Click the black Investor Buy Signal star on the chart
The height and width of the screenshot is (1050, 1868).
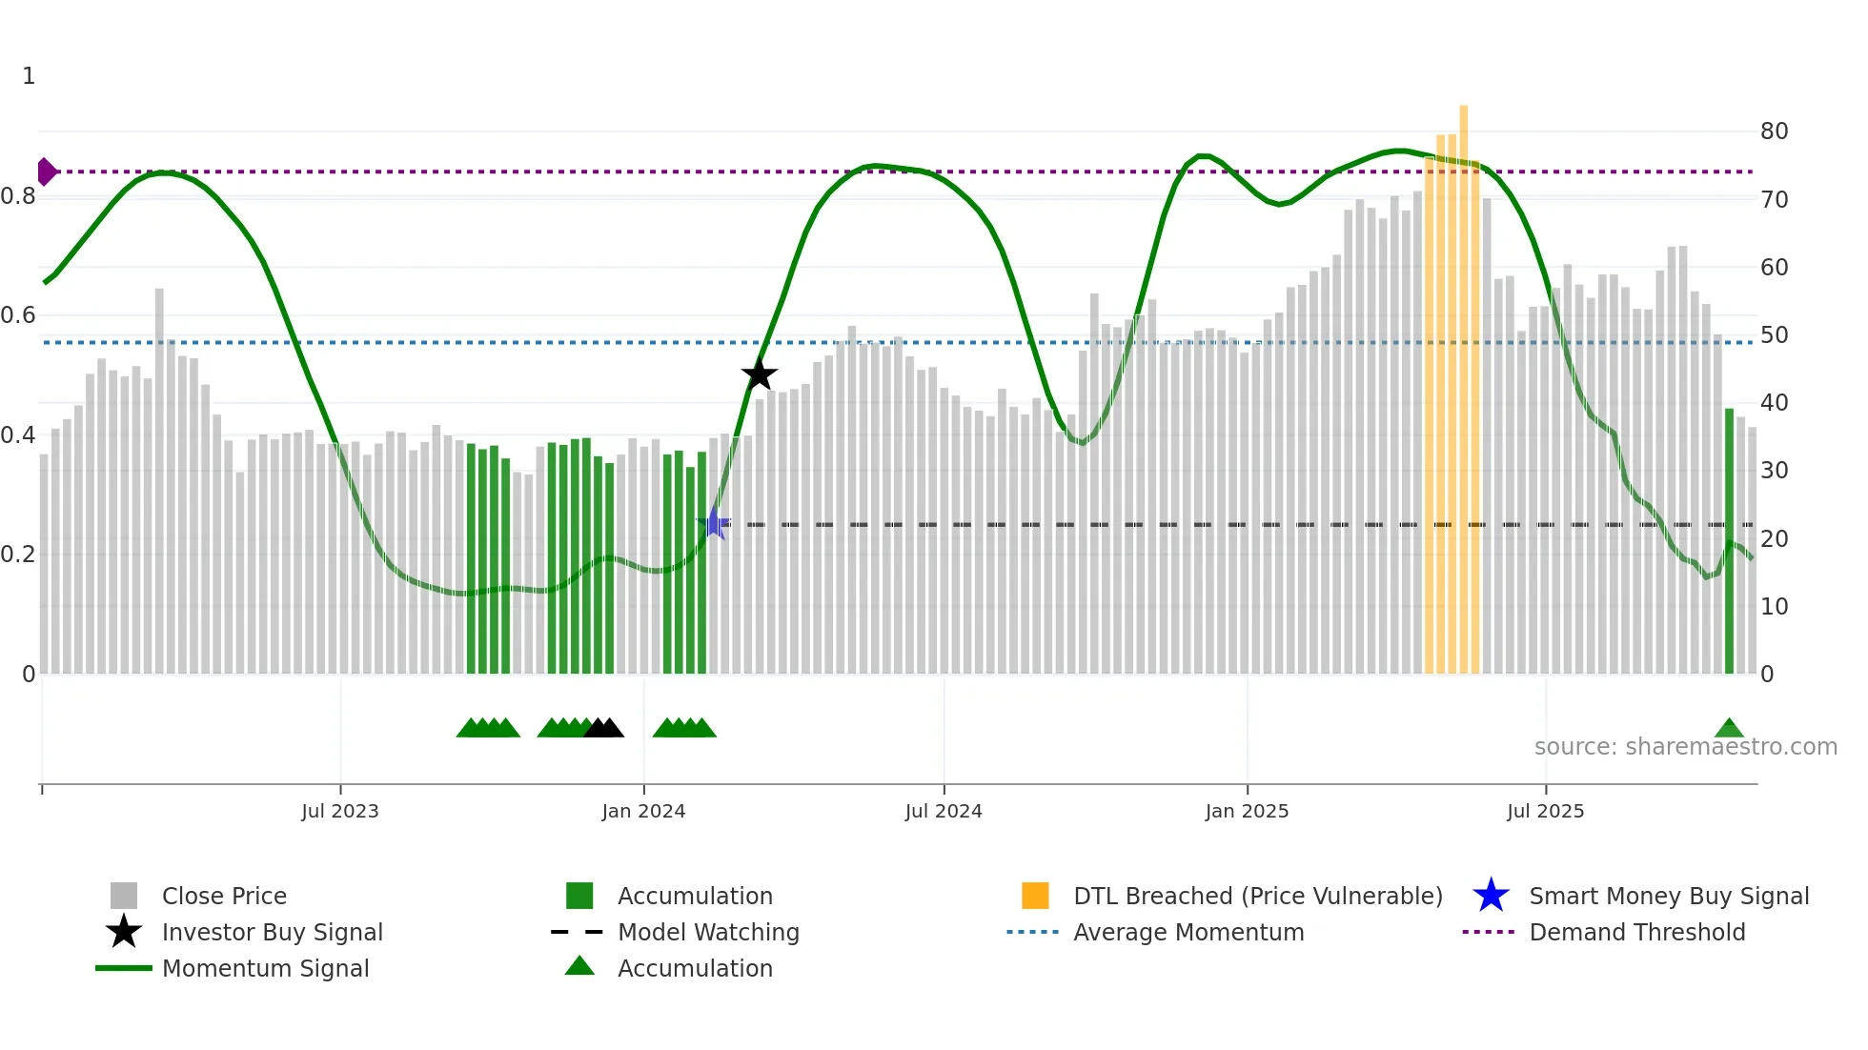tap(760, 375)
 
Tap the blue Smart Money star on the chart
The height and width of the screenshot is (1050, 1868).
tap(713, 524)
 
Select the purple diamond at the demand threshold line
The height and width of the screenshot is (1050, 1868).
tap(46, 172)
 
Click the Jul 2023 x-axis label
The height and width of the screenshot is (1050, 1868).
tap(340, 811)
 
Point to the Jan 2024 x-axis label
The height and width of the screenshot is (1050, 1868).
tap(643, 811)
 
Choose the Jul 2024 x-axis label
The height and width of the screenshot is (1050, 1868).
tap(944, 811)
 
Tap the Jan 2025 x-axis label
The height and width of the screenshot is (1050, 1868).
tap(1247, 811)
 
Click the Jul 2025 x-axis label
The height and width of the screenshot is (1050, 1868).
tap(1545, 811)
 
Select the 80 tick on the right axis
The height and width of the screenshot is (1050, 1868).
tap(1774, 131)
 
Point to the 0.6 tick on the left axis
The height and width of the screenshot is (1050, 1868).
tap(19, 315)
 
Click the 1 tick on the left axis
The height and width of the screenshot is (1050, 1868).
tap(29, 76)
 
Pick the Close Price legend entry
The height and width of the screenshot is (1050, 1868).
tap(224, 896)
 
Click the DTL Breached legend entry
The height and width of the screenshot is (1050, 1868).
tap(1257, 896)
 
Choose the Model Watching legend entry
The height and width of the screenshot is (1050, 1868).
tap(708, 932)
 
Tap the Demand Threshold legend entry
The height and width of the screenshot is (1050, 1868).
tap(1636, 932)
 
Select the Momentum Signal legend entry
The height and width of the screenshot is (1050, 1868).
tap(265, 968)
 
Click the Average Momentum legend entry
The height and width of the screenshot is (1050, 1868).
tap(1188, 932)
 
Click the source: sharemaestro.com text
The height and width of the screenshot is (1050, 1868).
tap(1685, 747)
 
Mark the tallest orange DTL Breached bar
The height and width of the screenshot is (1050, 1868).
tap(1463, 381)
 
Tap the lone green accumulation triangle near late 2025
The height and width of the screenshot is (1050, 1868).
tap(1729, 729)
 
